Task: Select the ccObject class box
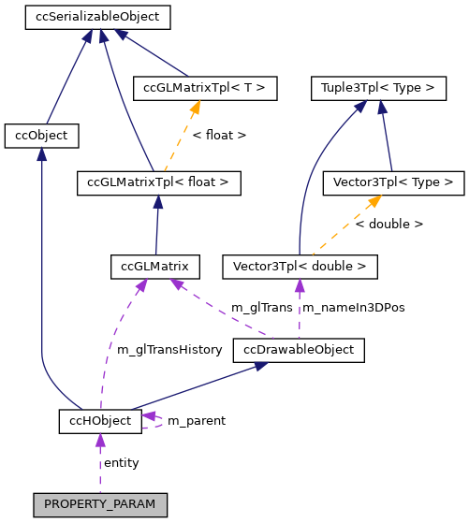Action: (x=41, y=136)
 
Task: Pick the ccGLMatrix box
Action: (x=154, y=267)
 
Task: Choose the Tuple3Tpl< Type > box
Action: (x=377, y=89)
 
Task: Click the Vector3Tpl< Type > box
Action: (x=392, y=182)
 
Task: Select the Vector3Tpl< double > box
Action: (x=300, y=267)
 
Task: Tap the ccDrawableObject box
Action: (x=298, y=350)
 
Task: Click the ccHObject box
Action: (x=100, y=421)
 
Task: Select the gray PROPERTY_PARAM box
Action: (x=100, y=504)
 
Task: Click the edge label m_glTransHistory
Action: (x=169, y=350)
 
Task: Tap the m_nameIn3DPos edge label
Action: (x=352, y=308)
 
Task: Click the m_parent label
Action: (x=196, y=421)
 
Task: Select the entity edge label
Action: (x=122, y=463)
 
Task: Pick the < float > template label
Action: (x=219, y=136)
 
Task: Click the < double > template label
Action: (x=389, y=225)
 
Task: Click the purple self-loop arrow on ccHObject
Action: (x=155, y=421)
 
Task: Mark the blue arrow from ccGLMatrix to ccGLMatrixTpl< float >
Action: (x=156, y=225)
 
